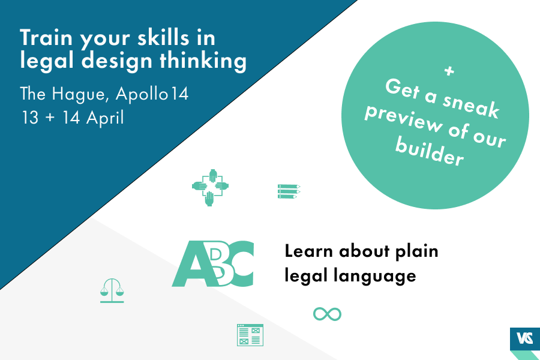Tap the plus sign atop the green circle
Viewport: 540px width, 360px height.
(x=449, y=71)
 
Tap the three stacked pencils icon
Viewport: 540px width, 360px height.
(x=289, y=191)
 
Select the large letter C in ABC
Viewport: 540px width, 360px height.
(x=241, y=264)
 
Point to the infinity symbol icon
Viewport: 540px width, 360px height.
(x=327, y=314)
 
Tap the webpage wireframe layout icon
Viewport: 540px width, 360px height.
(x=250, y=335)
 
